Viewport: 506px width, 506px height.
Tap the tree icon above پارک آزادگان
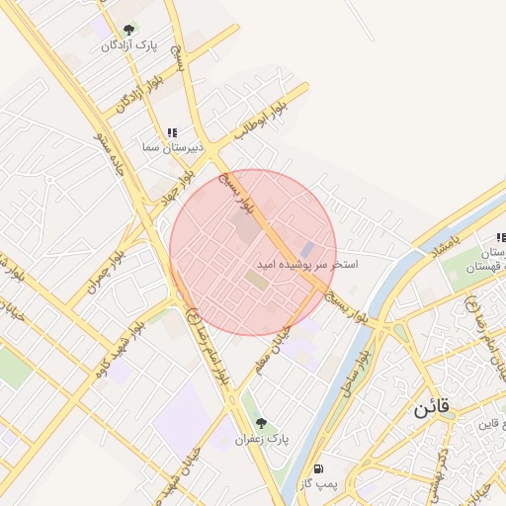tap(128, 31)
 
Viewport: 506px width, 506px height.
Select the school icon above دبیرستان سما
tap(173, 132)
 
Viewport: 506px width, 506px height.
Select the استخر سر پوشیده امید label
tap(307, 265)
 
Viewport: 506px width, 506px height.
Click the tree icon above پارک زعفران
tap(261, 423)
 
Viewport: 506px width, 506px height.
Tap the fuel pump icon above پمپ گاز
tap(317, 468)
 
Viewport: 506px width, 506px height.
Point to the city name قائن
tap(432, 407)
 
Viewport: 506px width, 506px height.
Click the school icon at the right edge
tap(501, 238)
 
